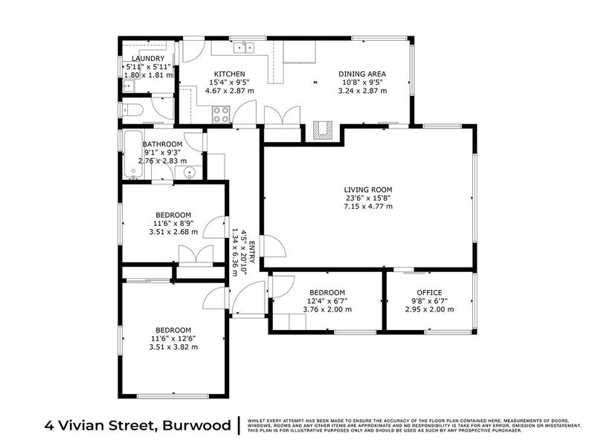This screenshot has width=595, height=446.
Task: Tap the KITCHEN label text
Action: pyautogui.click(x=230, y=74)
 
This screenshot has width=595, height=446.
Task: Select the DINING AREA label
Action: pyautogui.click(x=362, y=74)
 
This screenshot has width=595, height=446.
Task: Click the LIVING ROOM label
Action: pyautogui.click(x=367, y=190)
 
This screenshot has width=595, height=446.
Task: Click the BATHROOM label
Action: pyautogui.click(x=162, y=144)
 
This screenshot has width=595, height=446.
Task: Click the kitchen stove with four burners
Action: pyautogui.click(x=222, y=114)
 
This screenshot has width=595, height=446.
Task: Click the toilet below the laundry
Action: pyautogui.click(x=135, y=111)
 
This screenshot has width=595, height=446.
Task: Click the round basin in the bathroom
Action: pyautogui.click(x=189, y=172)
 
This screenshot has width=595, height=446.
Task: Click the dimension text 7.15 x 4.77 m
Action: pyautogui.click(x=367, y=206)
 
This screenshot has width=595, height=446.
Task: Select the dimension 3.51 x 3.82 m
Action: pyautogui.click(x=173, y=346)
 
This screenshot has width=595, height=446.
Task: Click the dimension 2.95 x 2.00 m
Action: pyautogui.click(x=429, y=309)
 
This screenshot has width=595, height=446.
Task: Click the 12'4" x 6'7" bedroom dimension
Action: pyautogui.click(x=327, y=301)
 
